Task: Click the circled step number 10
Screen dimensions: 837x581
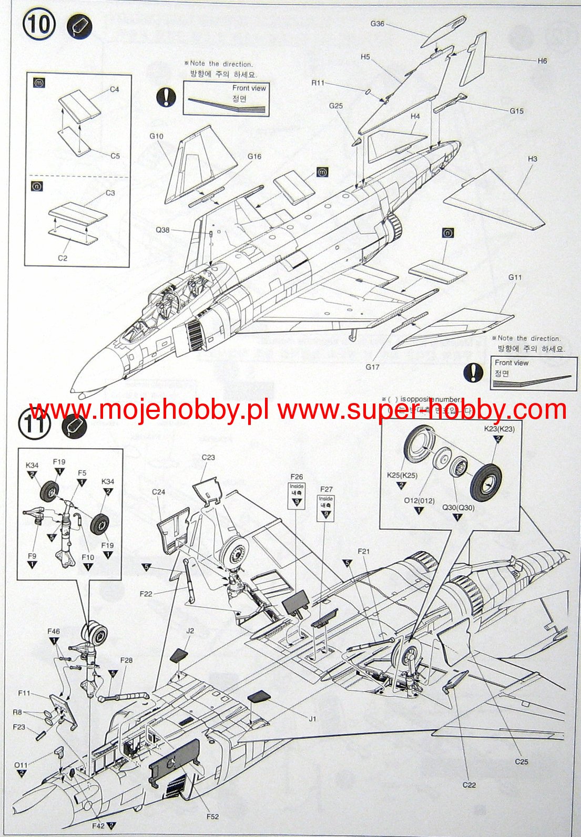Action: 39,25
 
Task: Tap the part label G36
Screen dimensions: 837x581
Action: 377,24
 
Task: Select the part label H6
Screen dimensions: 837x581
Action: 542,61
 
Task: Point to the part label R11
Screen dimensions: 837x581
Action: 318,82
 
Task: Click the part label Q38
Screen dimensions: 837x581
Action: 162,230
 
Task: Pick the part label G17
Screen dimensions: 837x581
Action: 372,367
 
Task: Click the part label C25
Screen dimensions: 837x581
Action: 521,761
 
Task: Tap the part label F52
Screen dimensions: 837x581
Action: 212,816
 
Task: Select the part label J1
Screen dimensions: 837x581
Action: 312,719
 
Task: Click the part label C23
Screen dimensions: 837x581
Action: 208,458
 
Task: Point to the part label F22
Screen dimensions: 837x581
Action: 146,594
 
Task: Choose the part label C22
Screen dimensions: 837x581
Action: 469,784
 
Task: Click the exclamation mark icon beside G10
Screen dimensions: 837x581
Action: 167,97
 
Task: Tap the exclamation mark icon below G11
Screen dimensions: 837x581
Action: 473,372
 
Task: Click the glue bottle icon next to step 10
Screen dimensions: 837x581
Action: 80,26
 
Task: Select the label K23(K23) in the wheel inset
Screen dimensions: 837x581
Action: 499,429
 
